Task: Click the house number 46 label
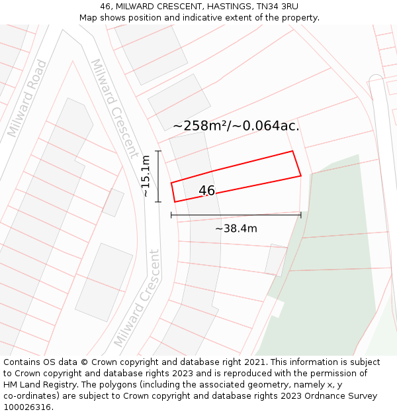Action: [206, 191]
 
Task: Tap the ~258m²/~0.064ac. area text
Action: [236, 125]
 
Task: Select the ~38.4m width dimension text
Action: [236, 229]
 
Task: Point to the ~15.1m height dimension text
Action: [146, 176]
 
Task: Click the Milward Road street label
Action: [27, 99]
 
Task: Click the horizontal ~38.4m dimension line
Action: [236, 215]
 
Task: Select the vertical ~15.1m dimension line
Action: [158, 176]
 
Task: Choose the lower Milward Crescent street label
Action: [137, 298]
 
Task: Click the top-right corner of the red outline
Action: [292, 151]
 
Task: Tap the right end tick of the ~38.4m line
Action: [301, 215]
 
